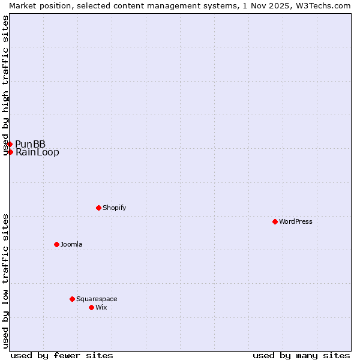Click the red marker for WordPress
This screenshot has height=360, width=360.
click(275, 221)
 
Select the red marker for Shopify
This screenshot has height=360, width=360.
click(98, 208)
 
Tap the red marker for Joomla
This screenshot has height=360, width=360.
click(56, 244)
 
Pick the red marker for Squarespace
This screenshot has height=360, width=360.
click(72, 299)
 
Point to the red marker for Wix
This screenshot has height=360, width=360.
click(91, 307)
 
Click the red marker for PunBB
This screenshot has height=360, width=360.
click(10, 144)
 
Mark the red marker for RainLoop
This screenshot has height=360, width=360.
click(10, 152)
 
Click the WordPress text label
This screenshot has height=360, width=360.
click(296, 221)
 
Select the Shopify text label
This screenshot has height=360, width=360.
click(115, 208)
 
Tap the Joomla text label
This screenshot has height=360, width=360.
click(71, 244)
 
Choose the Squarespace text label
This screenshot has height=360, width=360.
click(97, 299)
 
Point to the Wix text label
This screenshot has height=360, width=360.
click(101, 307)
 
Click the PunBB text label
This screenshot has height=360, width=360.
click(31, 144)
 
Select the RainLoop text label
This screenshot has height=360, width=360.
click(37, 152)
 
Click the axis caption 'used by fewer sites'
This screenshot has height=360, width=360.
click(62, 355)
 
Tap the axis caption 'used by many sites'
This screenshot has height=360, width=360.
click(301, 355)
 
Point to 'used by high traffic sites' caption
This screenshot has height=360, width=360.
click(6, 85)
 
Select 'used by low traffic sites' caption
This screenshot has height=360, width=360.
click(6, 281)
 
